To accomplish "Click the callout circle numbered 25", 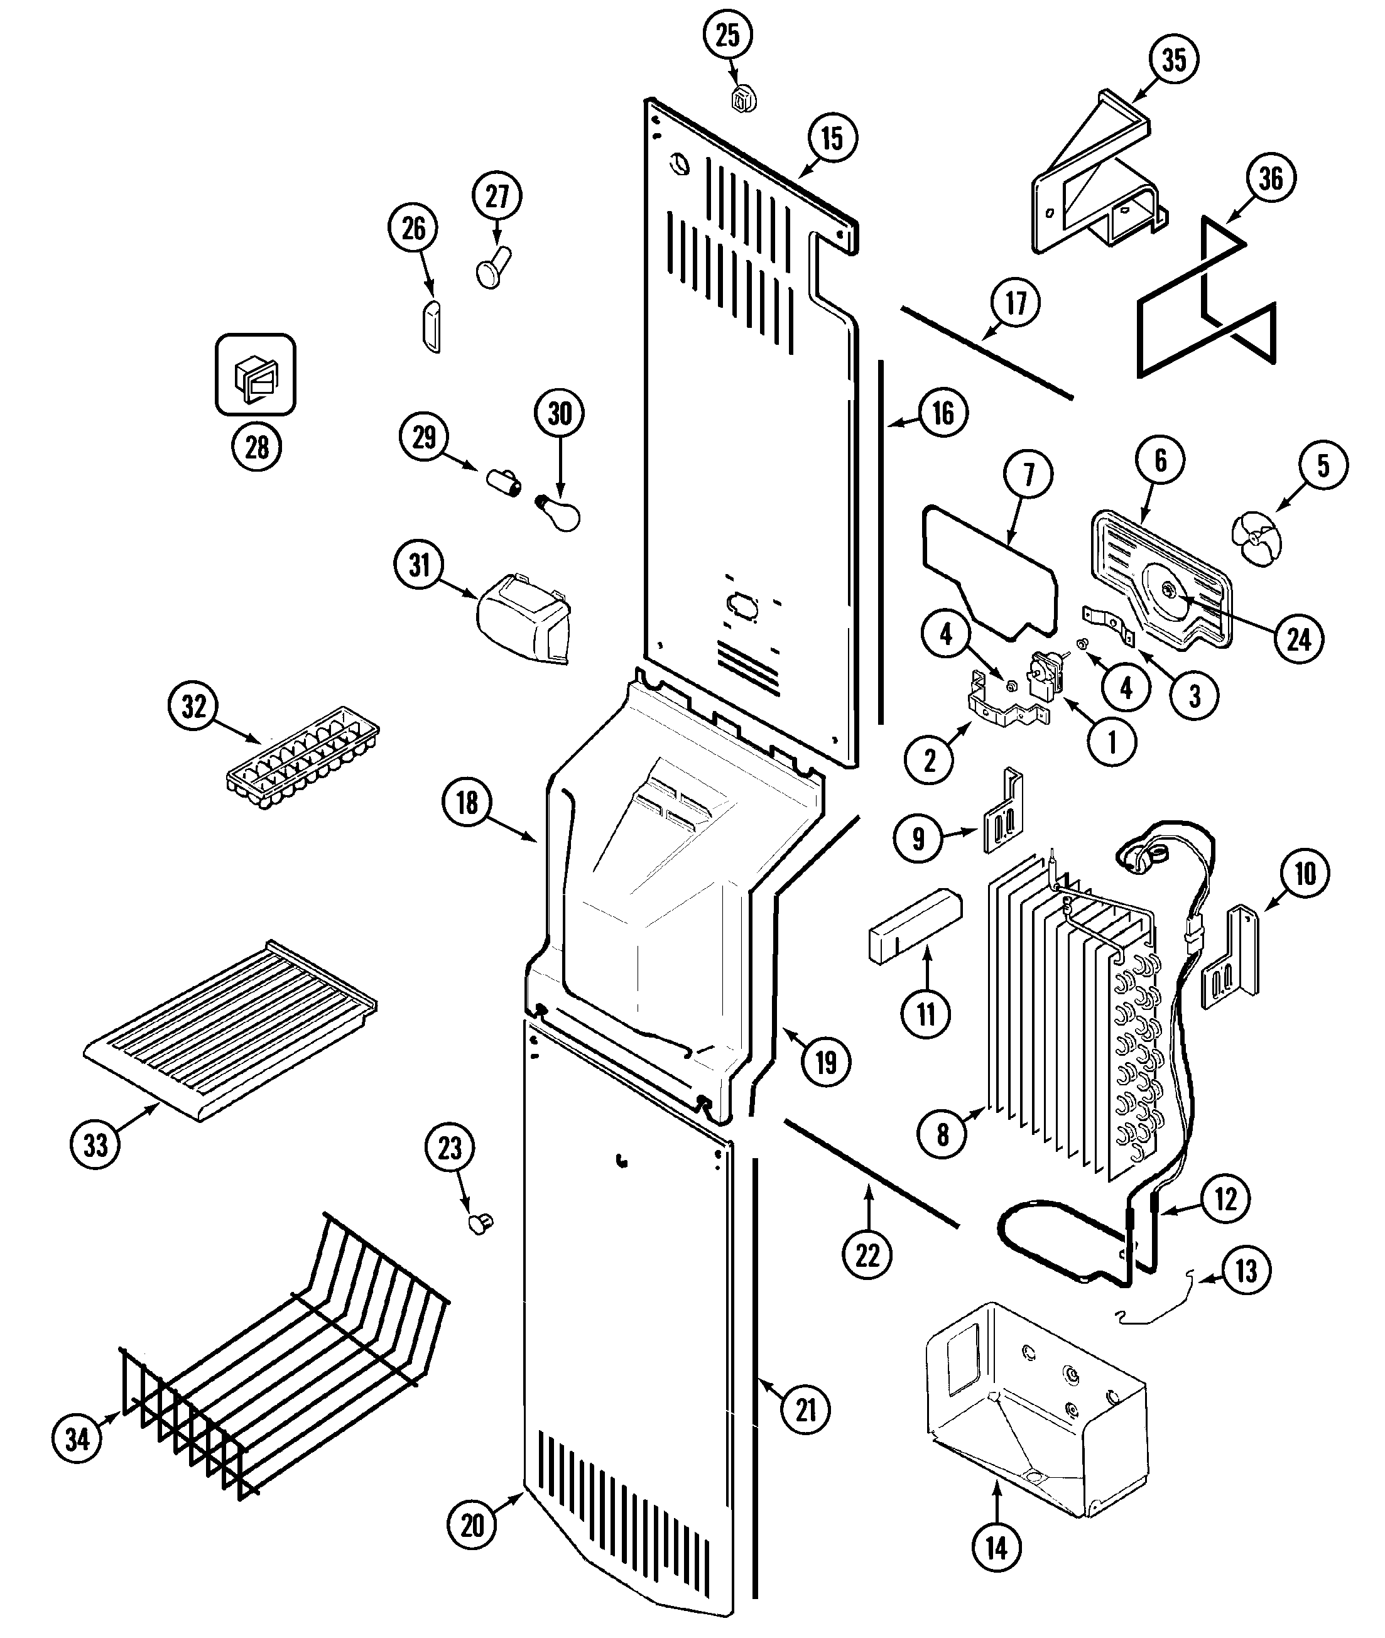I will coord(728,35).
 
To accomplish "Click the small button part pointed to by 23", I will coord(481,1223).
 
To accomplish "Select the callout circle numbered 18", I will coord(467,803).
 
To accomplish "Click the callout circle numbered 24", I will coord(1299,640).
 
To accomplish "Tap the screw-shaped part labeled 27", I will coord(494,267).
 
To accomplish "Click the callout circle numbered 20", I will coord(472,1525).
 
